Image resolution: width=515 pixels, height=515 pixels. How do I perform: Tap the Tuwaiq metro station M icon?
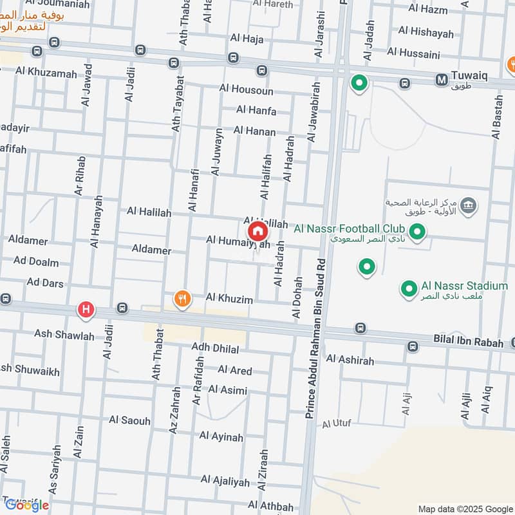tap(442, 80)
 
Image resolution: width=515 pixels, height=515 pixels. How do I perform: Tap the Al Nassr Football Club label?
tap(349, 229)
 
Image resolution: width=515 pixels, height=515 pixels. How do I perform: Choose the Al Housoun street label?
tap(246, 90)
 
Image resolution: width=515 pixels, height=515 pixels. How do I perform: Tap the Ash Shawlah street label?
tap(64, 336)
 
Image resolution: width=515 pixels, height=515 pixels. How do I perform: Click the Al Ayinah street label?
tap(221, 437)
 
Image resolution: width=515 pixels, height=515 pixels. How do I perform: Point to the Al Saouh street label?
tap(129, 420)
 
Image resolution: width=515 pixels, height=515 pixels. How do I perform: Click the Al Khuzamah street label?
tap(46, 73)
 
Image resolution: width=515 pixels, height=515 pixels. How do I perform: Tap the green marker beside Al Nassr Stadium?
tap(409, 290)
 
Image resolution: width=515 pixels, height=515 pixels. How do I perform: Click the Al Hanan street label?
tap(254, 131)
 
